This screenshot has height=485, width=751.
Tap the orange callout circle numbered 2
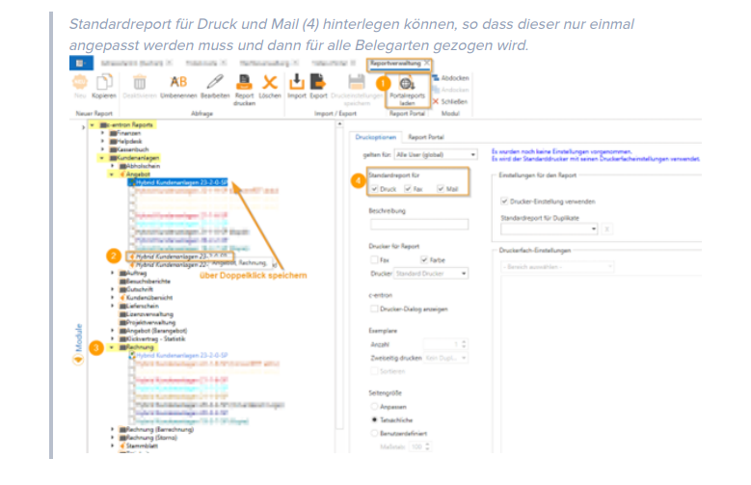pos(114,256)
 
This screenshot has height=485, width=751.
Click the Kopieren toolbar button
pos(104,88)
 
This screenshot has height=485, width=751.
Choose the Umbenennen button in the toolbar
pos(178,88)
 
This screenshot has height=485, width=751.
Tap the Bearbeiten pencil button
pos(214,88)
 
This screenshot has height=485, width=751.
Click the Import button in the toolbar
pos(296,88)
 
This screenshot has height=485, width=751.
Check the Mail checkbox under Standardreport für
pos(443,190)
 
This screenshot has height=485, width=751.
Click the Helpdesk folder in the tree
pos(129,140)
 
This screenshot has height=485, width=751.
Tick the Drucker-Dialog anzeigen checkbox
pos(375,309)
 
